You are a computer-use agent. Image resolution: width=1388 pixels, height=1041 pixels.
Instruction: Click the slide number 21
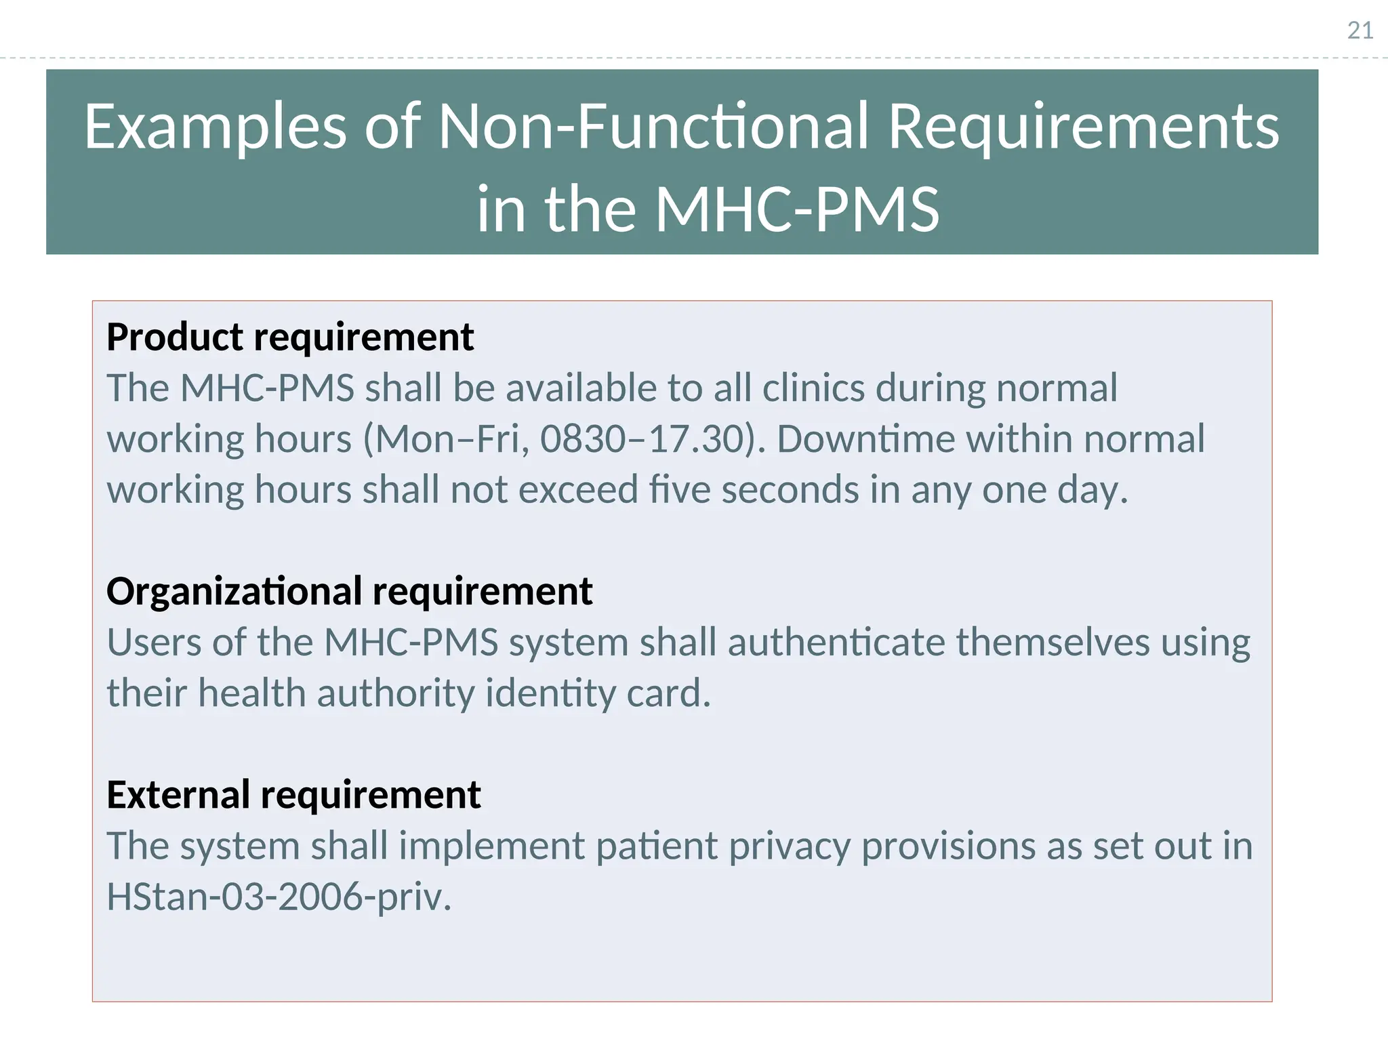1360,30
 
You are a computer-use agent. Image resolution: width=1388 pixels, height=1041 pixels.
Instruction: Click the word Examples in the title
216,127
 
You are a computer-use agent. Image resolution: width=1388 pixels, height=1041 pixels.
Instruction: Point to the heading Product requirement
290,337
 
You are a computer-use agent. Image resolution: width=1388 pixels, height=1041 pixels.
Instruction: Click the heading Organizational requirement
349,591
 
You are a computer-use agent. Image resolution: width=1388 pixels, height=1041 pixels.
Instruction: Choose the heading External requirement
293,794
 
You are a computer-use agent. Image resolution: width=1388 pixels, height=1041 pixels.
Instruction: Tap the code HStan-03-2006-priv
279,897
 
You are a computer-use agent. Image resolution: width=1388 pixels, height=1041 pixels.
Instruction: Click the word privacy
789,846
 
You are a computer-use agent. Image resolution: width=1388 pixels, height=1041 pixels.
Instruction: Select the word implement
491,846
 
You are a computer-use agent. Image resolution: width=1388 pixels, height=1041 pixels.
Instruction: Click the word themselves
1053,642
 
